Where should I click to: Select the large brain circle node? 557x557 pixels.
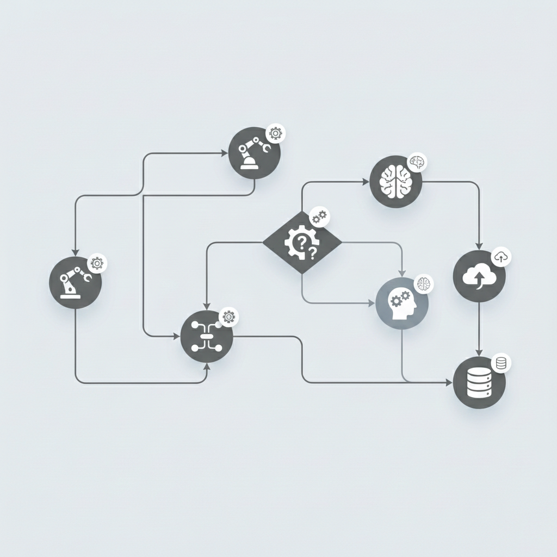tap(395, 181)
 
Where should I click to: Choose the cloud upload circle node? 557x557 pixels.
tap(479, 277)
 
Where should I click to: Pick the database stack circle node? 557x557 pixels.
tap(479, 383)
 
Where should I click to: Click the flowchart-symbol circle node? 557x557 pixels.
tap(206, 337)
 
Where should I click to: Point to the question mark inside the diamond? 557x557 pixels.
tap(312, 252)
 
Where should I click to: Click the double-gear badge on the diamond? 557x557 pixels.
tap(319, 216)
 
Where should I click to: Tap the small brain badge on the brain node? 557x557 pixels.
tap(418, 162)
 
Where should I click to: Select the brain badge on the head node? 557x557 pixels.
tap(424, 283)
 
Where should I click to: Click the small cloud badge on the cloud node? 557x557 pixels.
tap(501, 257)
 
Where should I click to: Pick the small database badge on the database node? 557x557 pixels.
tap(501, 363)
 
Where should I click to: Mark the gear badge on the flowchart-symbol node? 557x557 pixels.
tap(229, 317)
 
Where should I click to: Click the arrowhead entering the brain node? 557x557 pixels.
tap(366, 181)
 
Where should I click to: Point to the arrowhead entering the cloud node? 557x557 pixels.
tap(479, 246)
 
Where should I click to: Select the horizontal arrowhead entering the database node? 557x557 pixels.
tap(449, 383)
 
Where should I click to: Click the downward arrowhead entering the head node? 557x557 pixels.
tap(402, 272)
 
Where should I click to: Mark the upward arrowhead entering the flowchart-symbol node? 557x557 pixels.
tap(206, 367)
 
